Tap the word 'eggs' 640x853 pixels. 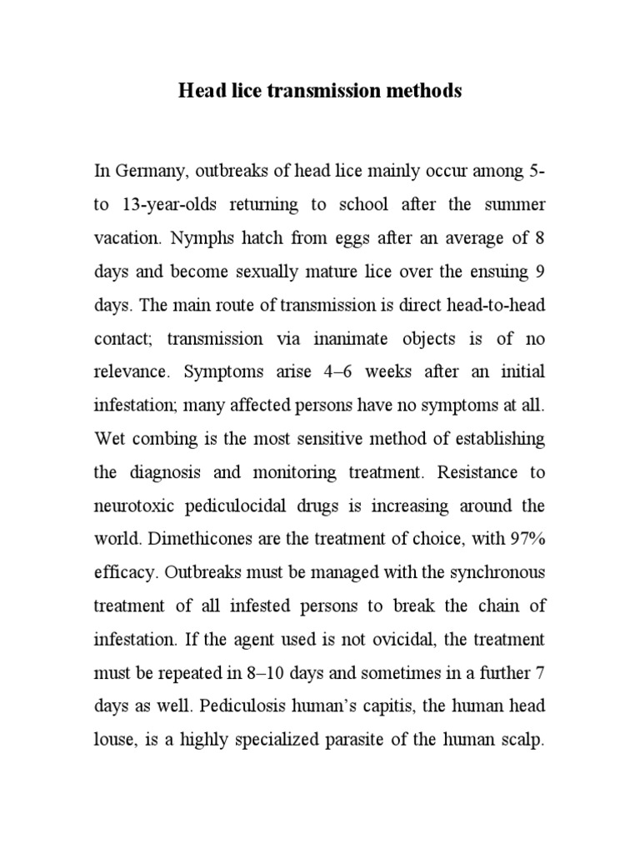[357, 237]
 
